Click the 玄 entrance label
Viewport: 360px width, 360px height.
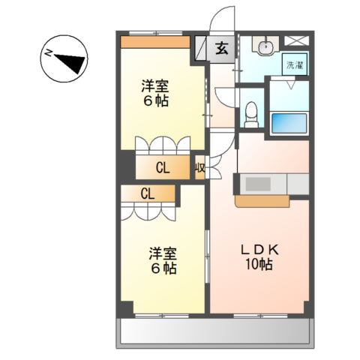[x=222, y=49]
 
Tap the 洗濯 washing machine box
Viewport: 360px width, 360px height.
[x=295, y=64]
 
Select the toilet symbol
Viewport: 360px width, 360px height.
[x=251, y=115]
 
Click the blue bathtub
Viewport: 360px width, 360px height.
[x=289, y=123]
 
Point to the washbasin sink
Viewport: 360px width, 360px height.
[x=265, y=46]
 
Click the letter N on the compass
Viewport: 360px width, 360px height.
[x=48, y=53]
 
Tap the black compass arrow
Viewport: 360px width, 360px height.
[x=70, y=63]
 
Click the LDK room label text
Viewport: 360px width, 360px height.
[x=259, y=250]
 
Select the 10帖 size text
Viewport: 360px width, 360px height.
[x=259, y=265]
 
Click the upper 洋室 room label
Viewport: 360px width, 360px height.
[x=155, y=86]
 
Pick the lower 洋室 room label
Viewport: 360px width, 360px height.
[x=163, y=254]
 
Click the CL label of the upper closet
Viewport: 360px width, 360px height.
[x=163, y=168]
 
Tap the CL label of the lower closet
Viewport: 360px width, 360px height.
[x=148, y=193]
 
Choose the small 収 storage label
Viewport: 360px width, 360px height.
[x=200, y=168]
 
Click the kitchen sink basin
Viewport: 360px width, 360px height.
[x=258, y=184]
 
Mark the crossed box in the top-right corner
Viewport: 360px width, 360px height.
[x=297, y=40]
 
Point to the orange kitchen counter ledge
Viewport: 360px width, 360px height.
[x=262, y=201]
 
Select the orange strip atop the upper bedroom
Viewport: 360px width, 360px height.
[x=155, y=42]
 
